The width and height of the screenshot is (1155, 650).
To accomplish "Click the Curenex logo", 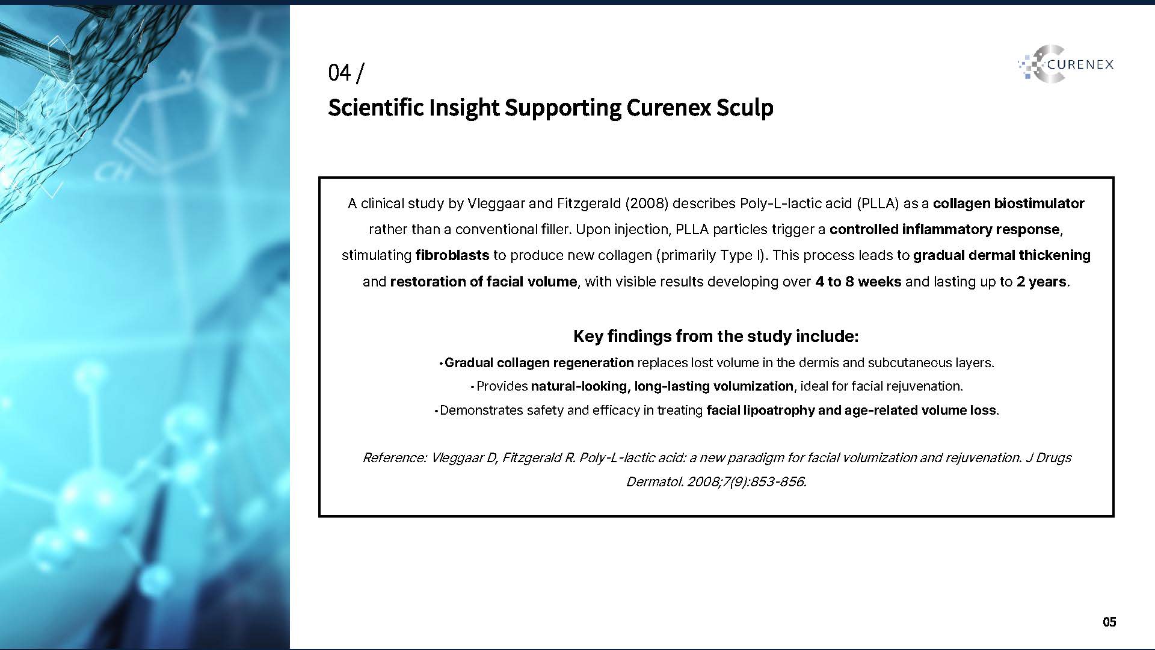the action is [x=1065, y=64].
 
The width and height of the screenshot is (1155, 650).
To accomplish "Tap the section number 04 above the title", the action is [x=339, y=73].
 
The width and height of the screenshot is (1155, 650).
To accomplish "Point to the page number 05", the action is [x=1109, y=622].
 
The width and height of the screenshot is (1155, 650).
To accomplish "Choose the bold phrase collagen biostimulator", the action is [x=1009, y=203].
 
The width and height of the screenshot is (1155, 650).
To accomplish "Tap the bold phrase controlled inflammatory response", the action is [x=944, y=229].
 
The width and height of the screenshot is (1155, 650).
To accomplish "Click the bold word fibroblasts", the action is [x=452, y=255].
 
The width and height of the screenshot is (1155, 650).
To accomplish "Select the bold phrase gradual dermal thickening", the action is [x=1002, y=255].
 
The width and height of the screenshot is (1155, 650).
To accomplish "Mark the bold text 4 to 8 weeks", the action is [x=858, y=282].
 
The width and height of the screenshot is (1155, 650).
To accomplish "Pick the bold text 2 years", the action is [x=1041, y=282].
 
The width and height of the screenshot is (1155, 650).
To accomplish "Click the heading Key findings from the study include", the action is [x=716, y=336].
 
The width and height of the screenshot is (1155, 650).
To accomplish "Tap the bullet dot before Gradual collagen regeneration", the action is [x=441, y=364].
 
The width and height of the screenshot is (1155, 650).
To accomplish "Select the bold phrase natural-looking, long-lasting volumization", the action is [x=662, y=386].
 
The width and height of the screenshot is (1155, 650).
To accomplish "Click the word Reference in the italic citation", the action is [x=395, y=457].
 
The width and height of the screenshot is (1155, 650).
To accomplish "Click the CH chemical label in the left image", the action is [x=113, y=173].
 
